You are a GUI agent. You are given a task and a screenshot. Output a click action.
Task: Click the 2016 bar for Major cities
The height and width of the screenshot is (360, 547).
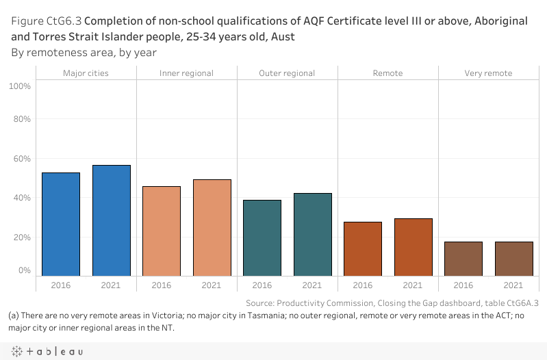coord(61,224)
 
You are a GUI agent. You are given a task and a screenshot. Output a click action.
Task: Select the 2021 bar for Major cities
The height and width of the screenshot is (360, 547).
coord(112,220)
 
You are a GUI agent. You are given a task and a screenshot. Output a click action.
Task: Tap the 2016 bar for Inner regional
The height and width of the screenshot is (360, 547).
coord(162,231)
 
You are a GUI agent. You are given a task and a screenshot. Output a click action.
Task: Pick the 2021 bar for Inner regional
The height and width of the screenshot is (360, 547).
coord(212,228)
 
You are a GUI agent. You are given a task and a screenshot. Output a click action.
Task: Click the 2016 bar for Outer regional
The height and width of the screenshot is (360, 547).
coord(262,238)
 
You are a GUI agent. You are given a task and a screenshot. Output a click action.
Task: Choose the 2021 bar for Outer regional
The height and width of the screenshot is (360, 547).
coord(312,235)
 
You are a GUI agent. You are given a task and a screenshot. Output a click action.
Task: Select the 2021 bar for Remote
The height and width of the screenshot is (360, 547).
coord(413,247)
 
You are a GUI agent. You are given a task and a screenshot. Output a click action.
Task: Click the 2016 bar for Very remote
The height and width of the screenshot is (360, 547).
coord(463,259)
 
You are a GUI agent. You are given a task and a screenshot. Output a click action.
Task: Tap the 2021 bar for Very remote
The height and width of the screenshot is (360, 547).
coord(513,259)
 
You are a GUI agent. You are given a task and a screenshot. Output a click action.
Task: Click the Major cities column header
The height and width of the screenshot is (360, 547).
coord(86,73)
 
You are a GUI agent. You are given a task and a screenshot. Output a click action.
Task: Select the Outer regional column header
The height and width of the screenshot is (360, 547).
coord(287,73)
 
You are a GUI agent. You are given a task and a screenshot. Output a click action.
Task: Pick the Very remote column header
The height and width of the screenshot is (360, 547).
coord(488,73)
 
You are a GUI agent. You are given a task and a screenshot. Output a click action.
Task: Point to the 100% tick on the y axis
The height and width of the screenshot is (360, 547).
coord(20,86)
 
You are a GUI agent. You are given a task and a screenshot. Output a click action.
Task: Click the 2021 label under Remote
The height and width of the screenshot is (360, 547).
coord(413,285)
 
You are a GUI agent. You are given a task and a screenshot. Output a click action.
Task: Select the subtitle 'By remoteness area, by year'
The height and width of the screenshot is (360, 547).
coord(84,52)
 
